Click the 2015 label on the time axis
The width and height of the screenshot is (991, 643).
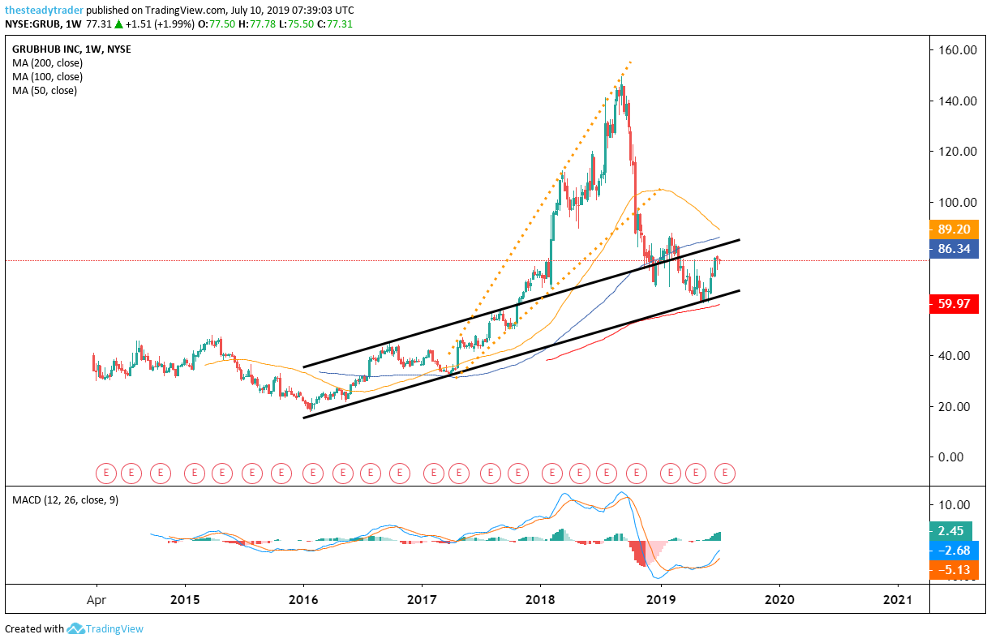click(x=185, y=600)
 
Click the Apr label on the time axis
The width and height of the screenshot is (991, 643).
click(x=97, y=600)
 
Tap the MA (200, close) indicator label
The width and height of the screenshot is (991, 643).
click(x=47, y=62)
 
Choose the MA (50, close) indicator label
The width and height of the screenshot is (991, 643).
click(x=45, y=91)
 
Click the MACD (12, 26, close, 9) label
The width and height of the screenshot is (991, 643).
click(x=65, y=499)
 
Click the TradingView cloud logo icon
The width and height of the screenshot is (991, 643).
click(x=76, y=628)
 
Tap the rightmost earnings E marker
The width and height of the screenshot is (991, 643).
click(x=726, y=471)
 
